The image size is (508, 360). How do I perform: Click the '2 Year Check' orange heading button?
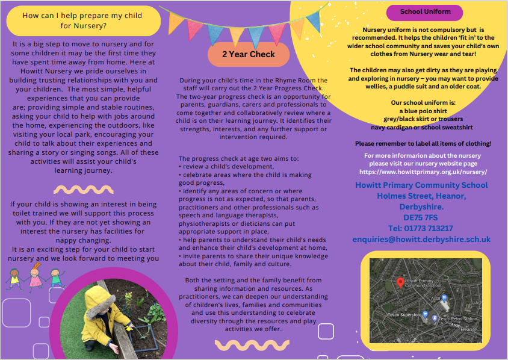(x=249, y=54)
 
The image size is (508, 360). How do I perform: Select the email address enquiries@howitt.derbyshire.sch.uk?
(x=421, y=240)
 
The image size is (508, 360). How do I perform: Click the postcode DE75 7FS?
(x=421, y=217)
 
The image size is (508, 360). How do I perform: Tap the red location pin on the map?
(x=400, y=282)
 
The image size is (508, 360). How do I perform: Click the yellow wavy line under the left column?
(x=83, y=189)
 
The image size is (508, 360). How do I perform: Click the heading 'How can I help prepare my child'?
(x=82, y=16)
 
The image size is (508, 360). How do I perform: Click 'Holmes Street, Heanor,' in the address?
(x=421, y=196)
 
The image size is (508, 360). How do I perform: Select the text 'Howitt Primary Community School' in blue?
(x=421, y=185)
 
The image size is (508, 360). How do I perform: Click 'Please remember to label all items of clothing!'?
(x=423, y=144)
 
